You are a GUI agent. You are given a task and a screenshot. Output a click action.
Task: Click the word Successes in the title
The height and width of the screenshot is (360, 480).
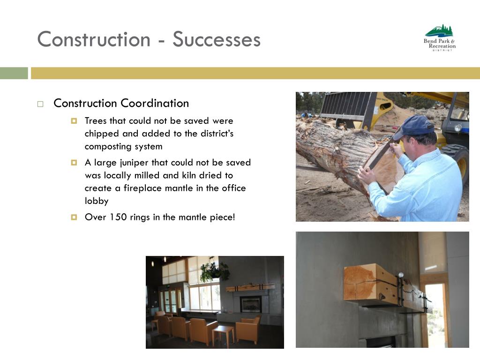pyautogui.click(x=217, y=39)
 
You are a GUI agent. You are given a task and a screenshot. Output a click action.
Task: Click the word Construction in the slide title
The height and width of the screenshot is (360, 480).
pyautogui.click(x=94, y=39)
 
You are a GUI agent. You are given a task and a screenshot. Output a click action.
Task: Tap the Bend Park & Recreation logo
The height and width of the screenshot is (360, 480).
pyautogui.click(x=440, y=38)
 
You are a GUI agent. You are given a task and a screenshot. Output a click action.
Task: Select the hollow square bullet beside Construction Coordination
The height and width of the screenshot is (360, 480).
pyautogui.click(x=40, y=104)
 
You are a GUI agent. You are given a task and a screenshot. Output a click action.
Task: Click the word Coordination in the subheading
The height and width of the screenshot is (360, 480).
pyautogui.click(x=155, y=103)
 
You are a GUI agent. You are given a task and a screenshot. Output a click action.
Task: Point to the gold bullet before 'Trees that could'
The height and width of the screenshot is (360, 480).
pyautogui.click(x=74, y=121)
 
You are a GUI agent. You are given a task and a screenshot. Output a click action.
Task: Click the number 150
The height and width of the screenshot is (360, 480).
pyautogui.click(x=118, y=217)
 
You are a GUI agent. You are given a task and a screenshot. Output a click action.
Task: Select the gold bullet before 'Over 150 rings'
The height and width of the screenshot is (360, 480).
pyautogui.click(x=74, y=217)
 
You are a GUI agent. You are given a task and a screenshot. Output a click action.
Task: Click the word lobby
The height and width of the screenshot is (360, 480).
pyautogui.click(x=97, y=201)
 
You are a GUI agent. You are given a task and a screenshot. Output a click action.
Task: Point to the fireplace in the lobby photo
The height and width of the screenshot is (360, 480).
pyautogui.click(x=250, y=304)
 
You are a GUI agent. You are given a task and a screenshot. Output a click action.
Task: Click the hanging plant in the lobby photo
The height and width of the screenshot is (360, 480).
pyautogui.click(x=214, y=270)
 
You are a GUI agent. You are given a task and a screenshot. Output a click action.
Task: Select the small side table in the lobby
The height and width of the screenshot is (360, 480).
pyautogui.click(x=223, y=335)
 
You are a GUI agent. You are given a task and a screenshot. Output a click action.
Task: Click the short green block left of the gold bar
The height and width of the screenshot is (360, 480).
pyautogui.click(x=14, y=73)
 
